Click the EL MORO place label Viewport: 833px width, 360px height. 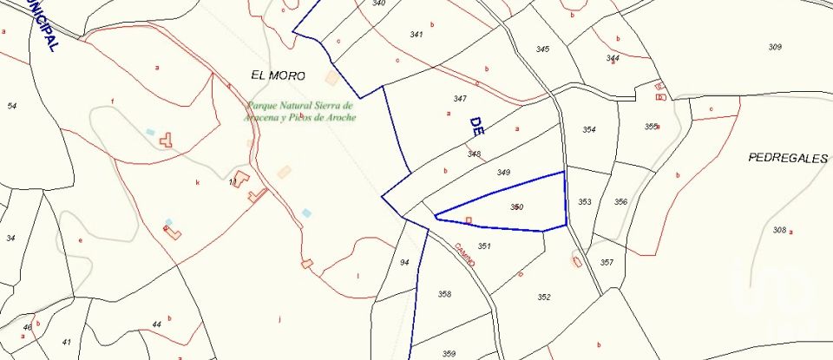point(278,76)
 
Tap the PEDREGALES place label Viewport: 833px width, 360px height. point(788,158)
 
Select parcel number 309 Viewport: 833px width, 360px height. point(775,47)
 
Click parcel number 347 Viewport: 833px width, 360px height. point(460,99)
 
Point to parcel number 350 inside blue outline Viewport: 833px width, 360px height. point(517,206)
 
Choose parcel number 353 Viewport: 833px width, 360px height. point(585,202)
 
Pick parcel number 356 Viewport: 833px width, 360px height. point(620,202)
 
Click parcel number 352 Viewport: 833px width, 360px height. point(544,297)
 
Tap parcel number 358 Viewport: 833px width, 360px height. point(444,294)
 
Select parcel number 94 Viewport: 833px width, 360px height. point(404,262)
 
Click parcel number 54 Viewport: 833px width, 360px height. point(11,106)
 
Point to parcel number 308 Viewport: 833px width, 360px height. point(779,230)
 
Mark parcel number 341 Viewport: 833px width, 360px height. point(416,35)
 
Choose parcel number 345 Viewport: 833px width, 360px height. point(542,49)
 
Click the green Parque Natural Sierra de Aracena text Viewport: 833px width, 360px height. point(300,111)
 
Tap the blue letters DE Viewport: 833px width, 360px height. point(476,126)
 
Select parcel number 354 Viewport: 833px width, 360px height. point(589,130)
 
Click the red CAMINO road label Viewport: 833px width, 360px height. point(465,255)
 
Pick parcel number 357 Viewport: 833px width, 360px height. point(607,262)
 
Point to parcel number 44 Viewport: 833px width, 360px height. point(156,324)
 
